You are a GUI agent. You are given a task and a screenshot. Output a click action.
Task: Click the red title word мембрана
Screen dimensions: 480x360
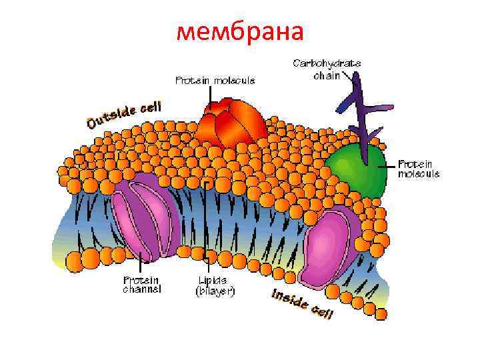click(x=240, y=32)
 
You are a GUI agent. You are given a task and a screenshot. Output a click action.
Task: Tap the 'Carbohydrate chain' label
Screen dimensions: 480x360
click(x=327, y=69)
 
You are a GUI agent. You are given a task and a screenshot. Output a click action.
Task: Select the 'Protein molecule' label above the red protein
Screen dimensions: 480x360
click(x=215, y=81)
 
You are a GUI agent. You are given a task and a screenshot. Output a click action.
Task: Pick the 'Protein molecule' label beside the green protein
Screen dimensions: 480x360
click(x=419, y=168)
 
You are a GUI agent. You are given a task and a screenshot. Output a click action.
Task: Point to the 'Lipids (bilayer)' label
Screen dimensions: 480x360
click(x=214, y=285)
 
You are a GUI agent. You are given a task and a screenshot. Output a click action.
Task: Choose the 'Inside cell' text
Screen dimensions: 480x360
click(x=302, y=304)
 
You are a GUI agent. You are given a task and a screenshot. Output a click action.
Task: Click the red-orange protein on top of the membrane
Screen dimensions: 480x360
click(x=230, y=121)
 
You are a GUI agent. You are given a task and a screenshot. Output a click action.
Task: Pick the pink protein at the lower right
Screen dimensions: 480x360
click(x=329, y=243)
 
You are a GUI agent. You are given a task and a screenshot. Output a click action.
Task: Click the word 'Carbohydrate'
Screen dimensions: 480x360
click(x=327, y=63)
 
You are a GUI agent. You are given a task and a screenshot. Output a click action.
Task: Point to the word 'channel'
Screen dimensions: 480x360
click(x=142, y=290)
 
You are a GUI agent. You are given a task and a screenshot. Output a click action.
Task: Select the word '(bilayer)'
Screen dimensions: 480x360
click(x=214, y=291)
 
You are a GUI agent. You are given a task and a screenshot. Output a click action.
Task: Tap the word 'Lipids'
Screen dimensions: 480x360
click(x=213, y=279)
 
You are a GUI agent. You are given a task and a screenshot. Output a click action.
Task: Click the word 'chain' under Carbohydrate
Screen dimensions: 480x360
click(x=327, y=75)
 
